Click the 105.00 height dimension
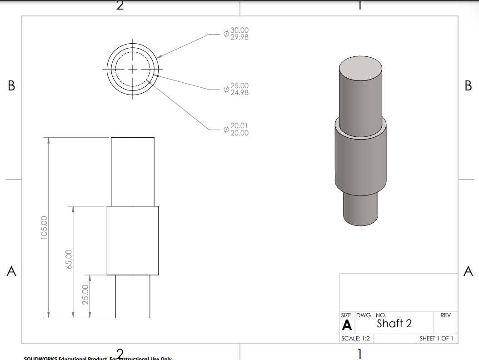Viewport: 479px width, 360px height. click(44, 227)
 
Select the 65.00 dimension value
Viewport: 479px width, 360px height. click(69, 259)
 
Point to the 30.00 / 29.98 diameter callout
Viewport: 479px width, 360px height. click(236, 34)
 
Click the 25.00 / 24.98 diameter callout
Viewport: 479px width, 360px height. click(236, 89)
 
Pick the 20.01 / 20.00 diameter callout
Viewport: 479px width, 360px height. click(236, 130)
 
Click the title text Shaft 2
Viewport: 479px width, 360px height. click(394, 323)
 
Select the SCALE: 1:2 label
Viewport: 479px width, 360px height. click(356, 339)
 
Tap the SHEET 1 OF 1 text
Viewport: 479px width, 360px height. click(436, 339)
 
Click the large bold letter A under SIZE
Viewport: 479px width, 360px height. click(347, 325)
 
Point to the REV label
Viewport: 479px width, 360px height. click(445, 315)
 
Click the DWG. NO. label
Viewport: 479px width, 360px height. click(371, 315)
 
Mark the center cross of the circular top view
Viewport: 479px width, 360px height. click(133, 69)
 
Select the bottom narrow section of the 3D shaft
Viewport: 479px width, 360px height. click(360, 208)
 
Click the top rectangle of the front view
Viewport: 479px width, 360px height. click(133, 171)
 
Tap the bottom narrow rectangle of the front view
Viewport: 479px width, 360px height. click(133, 296)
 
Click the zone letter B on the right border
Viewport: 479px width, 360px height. click(468, 86)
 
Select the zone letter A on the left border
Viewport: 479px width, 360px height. click(11, 272)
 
